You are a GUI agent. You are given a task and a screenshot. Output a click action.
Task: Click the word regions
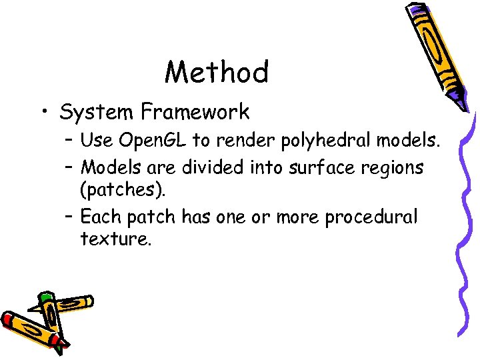pos(393,167)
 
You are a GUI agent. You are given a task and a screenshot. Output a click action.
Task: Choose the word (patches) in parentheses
pos(121,190)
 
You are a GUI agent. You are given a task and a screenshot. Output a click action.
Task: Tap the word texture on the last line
pos(115,238)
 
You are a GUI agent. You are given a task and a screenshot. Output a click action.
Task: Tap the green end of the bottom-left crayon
pos(45,298)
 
